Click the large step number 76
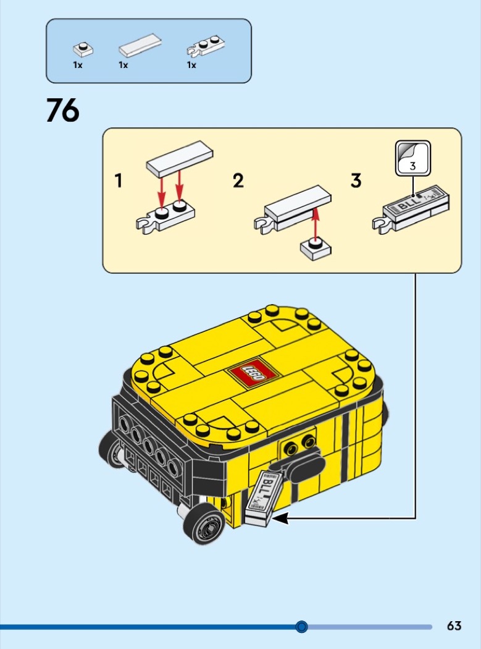click(62, 110)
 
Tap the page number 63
click(454, 626)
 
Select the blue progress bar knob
click(302, 627)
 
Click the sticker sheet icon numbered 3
click(412, 158)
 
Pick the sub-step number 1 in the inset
click(119, 181)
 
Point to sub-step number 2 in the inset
click(238, 181)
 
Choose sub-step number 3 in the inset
click(356, 181)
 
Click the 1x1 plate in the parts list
click(83, 49)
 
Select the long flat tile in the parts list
click(140, 45)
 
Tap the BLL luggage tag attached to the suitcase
click(263, 498)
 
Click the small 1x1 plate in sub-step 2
click(316, 249)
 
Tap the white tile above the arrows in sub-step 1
click(180, 159)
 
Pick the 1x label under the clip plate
click(191, 65)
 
